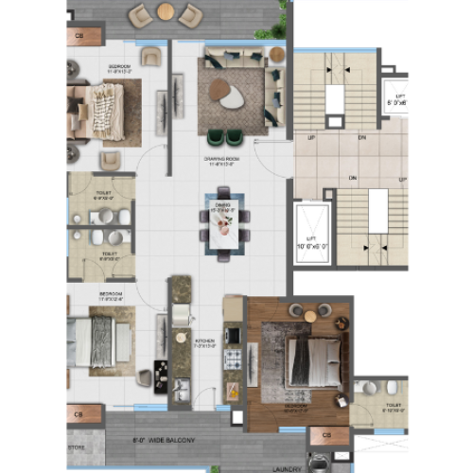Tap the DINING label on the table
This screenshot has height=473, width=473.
point(222,204)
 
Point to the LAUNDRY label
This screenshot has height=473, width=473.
point(287,467)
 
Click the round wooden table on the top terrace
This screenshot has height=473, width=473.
point(165,12)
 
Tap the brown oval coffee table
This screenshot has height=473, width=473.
point(219,90)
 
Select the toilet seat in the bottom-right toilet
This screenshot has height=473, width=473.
point(392,387)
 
